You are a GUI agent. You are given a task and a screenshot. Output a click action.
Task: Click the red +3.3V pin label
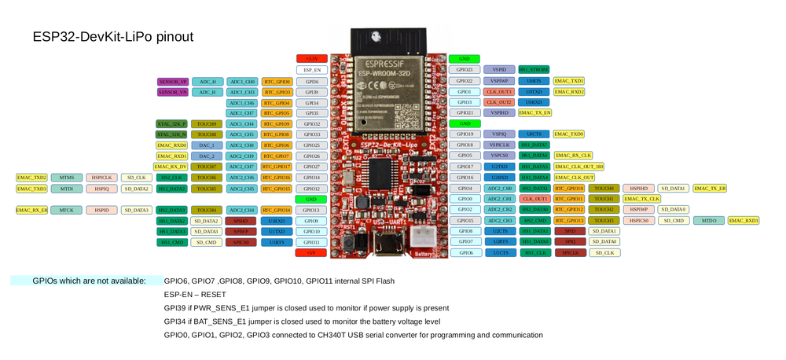click(x=311, y=59)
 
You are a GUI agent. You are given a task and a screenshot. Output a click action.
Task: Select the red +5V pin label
click(x=311, y=253)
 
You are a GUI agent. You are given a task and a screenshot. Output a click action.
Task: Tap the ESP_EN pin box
click(x=311, y=70)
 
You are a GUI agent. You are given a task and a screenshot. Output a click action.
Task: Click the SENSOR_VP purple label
click(x=172, y=82)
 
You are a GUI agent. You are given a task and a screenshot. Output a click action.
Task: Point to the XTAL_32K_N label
click(x=171, y=134)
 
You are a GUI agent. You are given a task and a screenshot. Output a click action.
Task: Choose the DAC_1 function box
click(x=207, y=145)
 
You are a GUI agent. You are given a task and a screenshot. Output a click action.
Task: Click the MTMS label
click(x=67, y=178)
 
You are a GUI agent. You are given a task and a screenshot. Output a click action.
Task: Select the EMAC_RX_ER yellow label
click(x=32, y=210)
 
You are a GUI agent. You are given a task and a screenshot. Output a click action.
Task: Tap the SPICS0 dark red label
click(x=241, y=242)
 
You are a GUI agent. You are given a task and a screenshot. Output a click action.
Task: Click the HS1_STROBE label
click(x=534, y=70)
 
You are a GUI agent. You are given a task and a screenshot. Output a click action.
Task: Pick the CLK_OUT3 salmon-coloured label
click(x=499, y=92)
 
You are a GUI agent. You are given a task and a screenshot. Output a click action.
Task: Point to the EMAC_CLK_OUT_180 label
click(x=579, y=167)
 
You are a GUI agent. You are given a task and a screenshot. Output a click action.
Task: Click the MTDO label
click(x=709, y=221)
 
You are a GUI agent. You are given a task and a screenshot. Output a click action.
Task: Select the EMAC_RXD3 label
click(x=744, y=221)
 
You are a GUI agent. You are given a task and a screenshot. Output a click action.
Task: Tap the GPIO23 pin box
click(x=465, y=70)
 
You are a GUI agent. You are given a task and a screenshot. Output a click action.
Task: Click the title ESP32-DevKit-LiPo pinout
click(x=113, y=37)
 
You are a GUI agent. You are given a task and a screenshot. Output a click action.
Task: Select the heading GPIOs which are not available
click(x=88, y=281)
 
